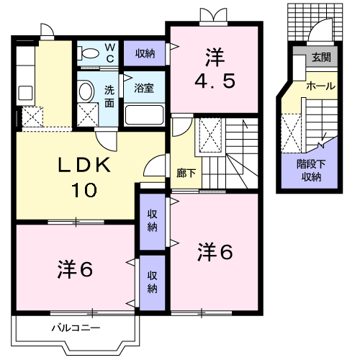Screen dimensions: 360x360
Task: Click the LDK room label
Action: click(x=86, y=166)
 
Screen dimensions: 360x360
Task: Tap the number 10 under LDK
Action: click(x=86, y=191)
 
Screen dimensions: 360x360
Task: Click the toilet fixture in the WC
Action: click(x=91, y=53)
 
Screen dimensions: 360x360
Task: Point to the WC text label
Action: click(x=110, y=53)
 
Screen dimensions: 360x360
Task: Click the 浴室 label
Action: click(x=144, y=89)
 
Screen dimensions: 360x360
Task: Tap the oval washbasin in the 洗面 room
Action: click(x=86, y=91)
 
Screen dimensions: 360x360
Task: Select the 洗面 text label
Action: click(x=109, y=96)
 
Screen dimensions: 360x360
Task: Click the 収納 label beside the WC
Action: click(x=145, y=53)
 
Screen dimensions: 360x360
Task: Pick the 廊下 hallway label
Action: click(x=184, y=173)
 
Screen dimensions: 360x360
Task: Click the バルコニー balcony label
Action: click(x=75, y=328)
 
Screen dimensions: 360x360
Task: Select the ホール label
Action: click(x=320, y=86)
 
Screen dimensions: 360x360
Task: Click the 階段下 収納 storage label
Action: click(x=312, y=171)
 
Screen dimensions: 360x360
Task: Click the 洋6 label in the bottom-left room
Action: click(x=75, y=269)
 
